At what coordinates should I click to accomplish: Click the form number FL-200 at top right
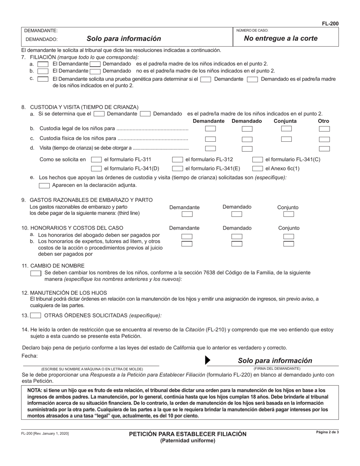pyautogui.click(x=330, y=23)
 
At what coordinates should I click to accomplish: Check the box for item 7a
pyautogui.click(x=43, y=64)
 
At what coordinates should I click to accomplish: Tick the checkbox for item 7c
pyautogui.click(x=43, y=79)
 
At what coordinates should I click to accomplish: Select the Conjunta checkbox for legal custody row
pyautogui.click(x=286, y=129)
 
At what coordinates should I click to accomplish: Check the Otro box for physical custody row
pyautogui.click(x=324, y=139)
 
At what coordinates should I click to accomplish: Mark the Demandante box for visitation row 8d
pyautogui.click(x=210, y=149)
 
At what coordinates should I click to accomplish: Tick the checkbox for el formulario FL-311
pyautogui.click(x=97, y=160)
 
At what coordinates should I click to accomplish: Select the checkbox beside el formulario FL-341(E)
pyautogui.click(x=177, y=169)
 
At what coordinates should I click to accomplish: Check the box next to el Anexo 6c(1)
pyautogui.click(x=258, y=169)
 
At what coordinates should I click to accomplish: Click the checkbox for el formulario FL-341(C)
pyautogui.click(x=258, y=160)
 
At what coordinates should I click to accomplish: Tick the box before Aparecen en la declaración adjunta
pyautogui.click(x=44, y=186)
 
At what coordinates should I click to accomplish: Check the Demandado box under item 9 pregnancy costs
pyautogui.click(x=237, y=214)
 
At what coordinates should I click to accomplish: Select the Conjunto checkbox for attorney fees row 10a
pyautogui.click(x=288, y=236)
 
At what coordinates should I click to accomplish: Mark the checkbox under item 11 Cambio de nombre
pyautogui.click(x=36, y=273)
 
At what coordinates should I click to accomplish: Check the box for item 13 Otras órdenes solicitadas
pyautogui.click(x=36, y=315)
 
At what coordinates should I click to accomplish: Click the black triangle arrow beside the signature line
pyautogui.click(x=207, y=360)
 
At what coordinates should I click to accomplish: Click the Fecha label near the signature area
pyautogui.click(x=30, y=356)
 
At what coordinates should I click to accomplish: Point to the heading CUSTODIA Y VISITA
pyautogui.click(x=84, y=107)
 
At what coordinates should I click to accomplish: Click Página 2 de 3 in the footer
pyautogui.click(x=327, y=432)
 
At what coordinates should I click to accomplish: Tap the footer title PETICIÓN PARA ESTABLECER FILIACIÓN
pyautogui.click(x=188, y=434)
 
